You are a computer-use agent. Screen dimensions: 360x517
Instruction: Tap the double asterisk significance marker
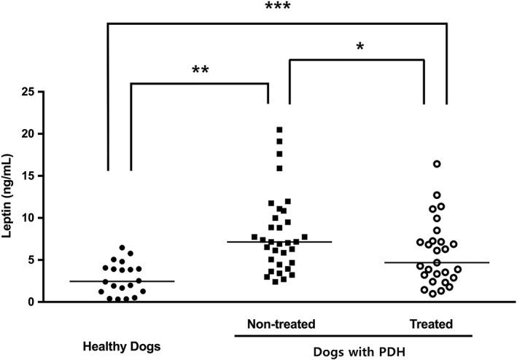[200, 70]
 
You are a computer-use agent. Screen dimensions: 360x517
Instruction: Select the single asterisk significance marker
[359, 47]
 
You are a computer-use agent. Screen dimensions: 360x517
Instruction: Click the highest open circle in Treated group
[437, 164]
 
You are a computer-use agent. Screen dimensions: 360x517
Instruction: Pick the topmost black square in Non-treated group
[279, 130]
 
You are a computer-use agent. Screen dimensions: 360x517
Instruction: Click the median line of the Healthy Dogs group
[132, 281]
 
